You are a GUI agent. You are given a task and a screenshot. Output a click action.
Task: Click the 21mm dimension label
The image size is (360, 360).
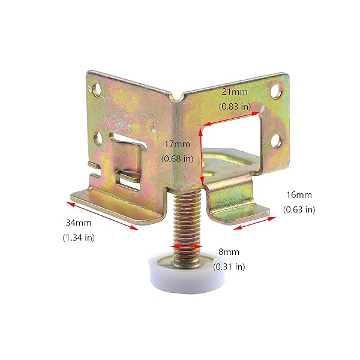(235, 92)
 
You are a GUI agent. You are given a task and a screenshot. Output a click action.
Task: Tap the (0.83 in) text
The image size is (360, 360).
(235, 107)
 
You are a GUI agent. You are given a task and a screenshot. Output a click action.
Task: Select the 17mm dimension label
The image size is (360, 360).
(177, 144)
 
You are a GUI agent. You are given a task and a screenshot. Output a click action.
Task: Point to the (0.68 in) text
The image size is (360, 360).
(177, 159)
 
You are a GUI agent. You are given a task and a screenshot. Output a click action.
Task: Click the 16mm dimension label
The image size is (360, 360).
(299, 195)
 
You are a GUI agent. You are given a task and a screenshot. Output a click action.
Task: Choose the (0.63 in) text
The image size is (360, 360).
(299, 209)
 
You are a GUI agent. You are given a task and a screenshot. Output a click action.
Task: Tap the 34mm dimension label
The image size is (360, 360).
(79, 223)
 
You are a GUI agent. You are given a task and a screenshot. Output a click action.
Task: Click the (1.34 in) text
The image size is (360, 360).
(79, 238)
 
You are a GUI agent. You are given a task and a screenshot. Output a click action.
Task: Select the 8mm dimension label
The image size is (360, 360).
(229, 252)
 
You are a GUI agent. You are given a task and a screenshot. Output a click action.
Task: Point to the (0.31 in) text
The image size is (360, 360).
(229, 267)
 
